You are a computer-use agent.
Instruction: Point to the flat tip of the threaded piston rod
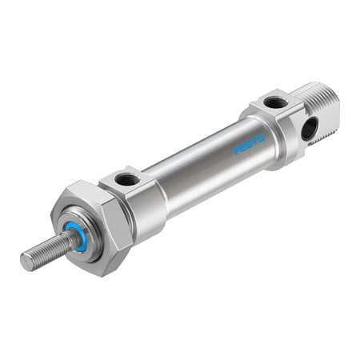(26, 259)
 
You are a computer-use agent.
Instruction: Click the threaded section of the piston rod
(48, 250)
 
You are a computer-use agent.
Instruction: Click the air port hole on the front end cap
(126, 178)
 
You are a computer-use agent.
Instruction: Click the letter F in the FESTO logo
(237, 150)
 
